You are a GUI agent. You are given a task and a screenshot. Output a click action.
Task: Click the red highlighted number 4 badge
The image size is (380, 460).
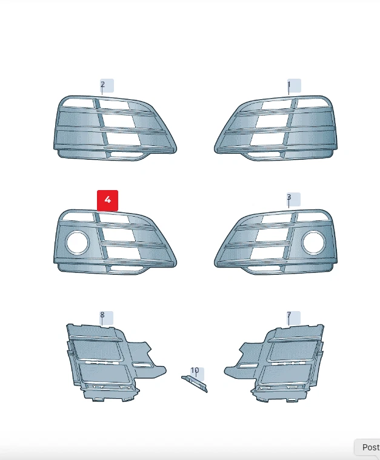point(108,200)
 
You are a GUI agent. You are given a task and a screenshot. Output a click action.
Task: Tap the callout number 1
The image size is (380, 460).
point(289,85)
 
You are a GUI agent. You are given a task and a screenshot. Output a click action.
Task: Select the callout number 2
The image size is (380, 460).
point(103,85)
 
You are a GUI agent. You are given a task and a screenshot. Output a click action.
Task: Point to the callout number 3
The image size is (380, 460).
point(289,198)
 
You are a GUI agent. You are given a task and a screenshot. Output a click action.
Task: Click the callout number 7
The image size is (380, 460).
point(289,315)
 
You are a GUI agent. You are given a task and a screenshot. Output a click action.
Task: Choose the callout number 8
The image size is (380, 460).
point(102,315)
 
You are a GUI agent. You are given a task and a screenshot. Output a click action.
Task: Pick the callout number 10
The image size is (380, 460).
point(195,370)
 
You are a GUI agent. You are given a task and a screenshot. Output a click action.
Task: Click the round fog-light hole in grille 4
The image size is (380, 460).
point(77,243)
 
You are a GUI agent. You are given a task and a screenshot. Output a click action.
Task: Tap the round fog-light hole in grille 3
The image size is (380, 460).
point(313,243)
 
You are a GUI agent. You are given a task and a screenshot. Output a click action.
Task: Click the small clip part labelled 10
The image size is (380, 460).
point(194,383)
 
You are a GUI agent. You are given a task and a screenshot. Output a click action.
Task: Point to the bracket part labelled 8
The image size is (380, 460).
point(100,360)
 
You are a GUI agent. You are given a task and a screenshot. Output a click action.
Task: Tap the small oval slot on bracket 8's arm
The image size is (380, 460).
point(144,365)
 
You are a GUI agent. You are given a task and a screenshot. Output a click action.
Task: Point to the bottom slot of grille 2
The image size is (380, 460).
point(128,155)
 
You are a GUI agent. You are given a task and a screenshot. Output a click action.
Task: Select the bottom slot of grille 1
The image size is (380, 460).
point(264,156)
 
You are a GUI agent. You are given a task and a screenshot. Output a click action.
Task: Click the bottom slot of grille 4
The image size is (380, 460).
point(128,269)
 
